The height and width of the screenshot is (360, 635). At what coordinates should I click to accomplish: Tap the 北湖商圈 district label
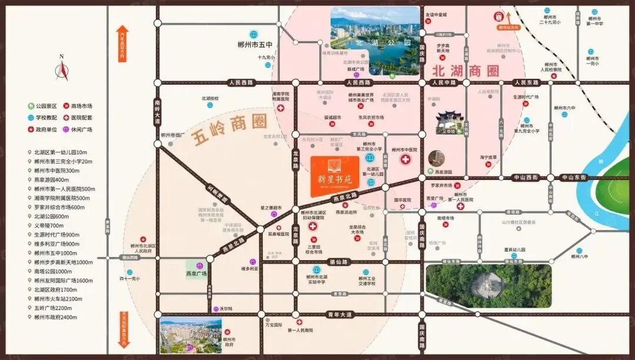pyautogui.click(x=465, y=71)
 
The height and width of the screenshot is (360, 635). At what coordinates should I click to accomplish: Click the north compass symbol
pyautogui.click(x=62, y=69)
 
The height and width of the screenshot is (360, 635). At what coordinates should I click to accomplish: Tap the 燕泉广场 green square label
pyautogui.click(x=196, y=274)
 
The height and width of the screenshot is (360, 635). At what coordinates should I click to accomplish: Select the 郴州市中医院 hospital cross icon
pyautogui.click(x=405, y=160)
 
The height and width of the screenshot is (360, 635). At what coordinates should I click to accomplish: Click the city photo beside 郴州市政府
pyautogui.click(x=190, y=336)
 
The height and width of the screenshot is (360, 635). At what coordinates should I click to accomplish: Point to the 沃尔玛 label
pyautogui.click(x=226, y=308)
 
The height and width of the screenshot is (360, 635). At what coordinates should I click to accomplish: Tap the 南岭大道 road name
pyautogui.click(x=157, y=111)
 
